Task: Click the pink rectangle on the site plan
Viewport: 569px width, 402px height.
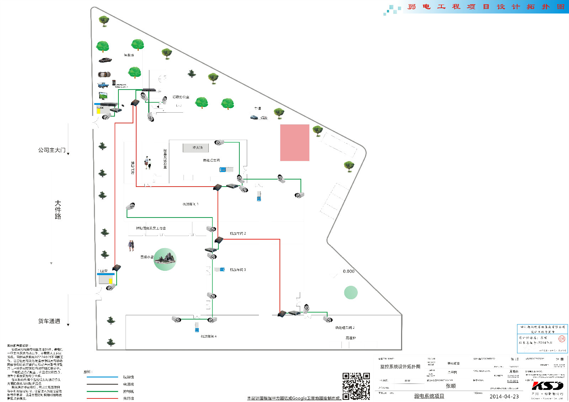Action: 294,143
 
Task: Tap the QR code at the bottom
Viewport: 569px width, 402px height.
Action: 356,386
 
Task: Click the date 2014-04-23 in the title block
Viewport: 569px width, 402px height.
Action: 504,396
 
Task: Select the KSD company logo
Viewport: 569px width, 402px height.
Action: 547,386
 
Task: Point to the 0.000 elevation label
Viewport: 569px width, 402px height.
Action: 349,271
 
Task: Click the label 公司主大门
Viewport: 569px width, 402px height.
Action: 52,150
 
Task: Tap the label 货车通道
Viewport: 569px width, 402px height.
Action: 49,321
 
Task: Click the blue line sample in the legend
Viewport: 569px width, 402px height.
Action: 102,377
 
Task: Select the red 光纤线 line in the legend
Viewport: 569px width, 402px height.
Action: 102,398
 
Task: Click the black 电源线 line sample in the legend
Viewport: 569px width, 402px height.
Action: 102,384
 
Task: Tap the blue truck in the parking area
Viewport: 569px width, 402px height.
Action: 103,85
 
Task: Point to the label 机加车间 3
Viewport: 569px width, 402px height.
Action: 238,270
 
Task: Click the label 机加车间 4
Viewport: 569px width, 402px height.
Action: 208,336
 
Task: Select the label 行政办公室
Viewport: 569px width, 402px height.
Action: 181,97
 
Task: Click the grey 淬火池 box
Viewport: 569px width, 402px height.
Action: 196,148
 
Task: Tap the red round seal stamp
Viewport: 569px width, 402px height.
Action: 562,339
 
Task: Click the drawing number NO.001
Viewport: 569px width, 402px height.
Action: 512,381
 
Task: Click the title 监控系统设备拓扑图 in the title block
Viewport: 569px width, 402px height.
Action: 400,366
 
